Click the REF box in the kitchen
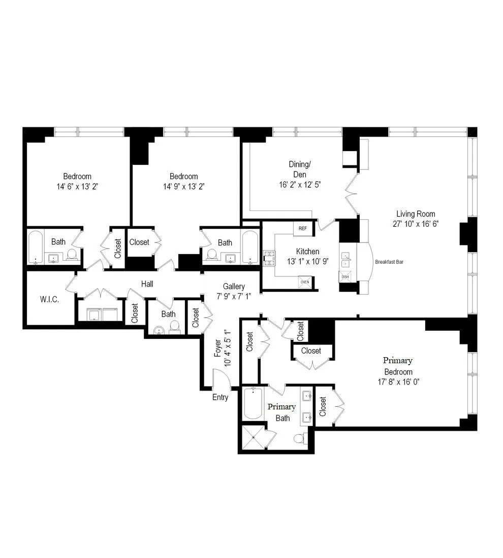pos(303,228)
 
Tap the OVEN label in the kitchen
pos(305,282)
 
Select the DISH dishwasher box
pos(345,276)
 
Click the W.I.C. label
pos(50,299)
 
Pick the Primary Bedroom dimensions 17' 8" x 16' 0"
pos(398,381)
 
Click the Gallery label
pos(234,287)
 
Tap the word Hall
pos(147,284)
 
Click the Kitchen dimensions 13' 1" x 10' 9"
pos(308,262)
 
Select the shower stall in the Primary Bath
pos(252,437)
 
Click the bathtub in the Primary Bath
pos(253,403)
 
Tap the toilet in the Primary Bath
pos(300,437)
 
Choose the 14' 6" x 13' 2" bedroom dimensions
pos(77,187)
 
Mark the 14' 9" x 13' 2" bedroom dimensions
pos(184,187)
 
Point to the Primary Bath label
pos(281,412)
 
